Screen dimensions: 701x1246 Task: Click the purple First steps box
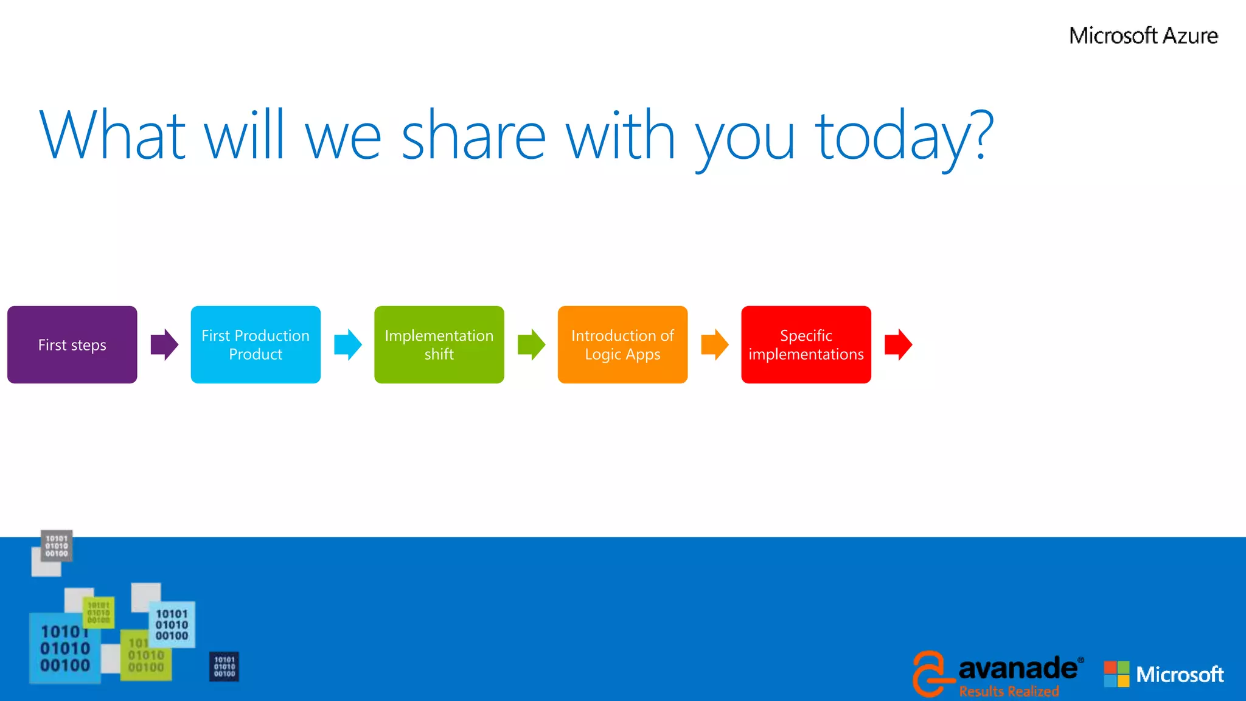pos(72,344)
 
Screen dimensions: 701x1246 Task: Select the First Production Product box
pos(256,344)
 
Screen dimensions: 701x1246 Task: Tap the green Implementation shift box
pos(439,344)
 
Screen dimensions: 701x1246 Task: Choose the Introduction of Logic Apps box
pos(622,344)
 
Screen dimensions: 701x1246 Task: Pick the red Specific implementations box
pos(806,344)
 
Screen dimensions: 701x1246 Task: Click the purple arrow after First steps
pos(164,344)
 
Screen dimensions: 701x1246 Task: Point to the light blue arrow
pos(348,344)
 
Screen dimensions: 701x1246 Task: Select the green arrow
pos(531,344)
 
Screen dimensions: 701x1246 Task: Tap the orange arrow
pos(715,344)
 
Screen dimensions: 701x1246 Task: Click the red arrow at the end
pos(898,344)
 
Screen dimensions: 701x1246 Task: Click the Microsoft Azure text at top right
pos(1143,35)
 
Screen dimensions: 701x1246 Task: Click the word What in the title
pos(113,135)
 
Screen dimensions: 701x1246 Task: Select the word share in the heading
pos(473,135)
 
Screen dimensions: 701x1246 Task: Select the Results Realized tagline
pos(1009,691)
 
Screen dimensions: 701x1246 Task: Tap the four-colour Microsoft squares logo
pos(1116,674)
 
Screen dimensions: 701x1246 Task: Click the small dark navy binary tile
pos(224,666)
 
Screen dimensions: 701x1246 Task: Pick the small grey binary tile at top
pos(57,546)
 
